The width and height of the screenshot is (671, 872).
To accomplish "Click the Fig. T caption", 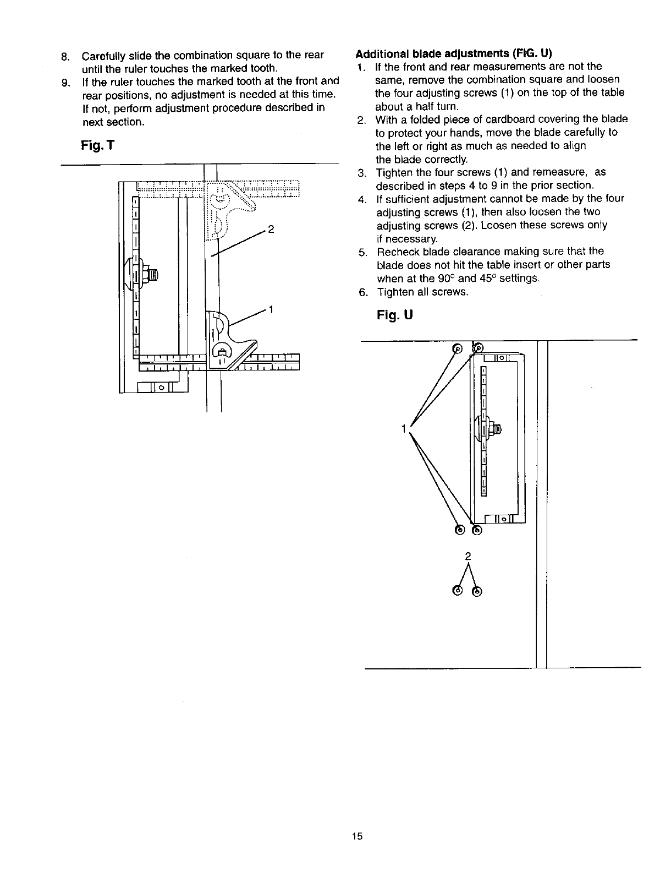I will [x=97, y=146].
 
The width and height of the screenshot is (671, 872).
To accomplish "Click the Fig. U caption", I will [x=395, y=315].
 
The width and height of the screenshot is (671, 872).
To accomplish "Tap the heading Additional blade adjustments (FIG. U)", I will [x=454, y=54].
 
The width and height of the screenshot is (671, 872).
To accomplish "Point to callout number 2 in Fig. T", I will [x=271, y=229].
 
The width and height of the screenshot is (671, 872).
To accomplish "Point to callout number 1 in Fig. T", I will [x=271, y=308].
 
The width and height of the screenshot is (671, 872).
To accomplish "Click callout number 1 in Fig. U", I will [x=404, y=427].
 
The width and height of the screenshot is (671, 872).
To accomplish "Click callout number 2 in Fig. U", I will [x=467, y=555].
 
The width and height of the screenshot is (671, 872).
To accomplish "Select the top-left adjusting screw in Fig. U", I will [x=457, y=348].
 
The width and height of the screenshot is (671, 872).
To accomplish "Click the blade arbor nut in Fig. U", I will [x=497, y=429].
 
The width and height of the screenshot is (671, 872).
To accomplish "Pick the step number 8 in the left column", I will [x=65, y=56].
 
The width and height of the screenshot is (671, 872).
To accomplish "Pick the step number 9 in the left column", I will [x=65, y=83].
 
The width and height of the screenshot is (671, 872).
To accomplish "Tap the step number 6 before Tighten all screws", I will [x=361, y=292].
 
